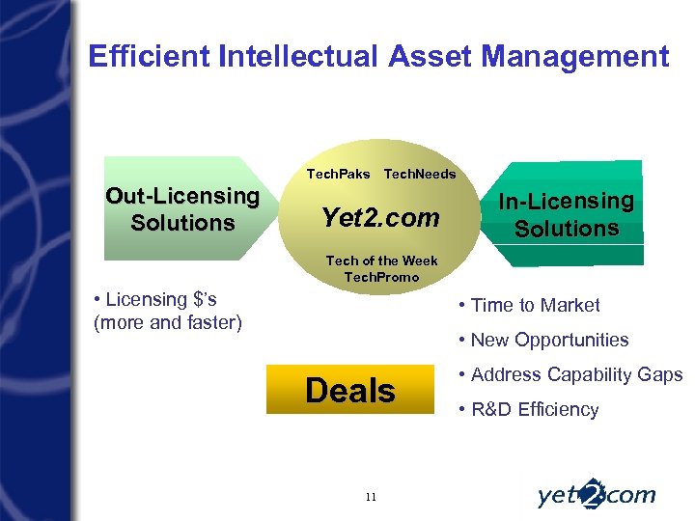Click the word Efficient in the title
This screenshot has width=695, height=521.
pyautogui.click(x=150, y=57)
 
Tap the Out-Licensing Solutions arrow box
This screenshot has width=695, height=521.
pyautogui.click(x=182, y=209)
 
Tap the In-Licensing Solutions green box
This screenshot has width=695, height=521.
pyautogui.click(x=566, y=215)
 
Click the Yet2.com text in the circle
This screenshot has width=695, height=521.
pyautogui.click(x=380, y=218)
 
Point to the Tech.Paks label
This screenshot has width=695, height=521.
pyautogui.click(x=338, y=175)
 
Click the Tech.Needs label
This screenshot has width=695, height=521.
pyautogui.click(x=420, y=175)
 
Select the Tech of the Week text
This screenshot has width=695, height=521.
pyautogui.click(x=381, y=260)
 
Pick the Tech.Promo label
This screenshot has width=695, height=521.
pyautogui.click(x=381, y=277)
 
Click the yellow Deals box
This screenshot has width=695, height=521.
pyautogui.click(x=349, y=391)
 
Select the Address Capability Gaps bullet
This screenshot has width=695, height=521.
pyautogui.click(x=571, y=374)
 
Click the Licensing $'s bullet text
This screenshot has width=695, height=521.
pyautogui.click(x=154, y=300)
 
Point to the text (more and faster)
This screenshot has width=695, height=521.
pyautogui.click(x=167, y=322)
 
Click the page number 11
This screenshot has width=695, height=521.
pyautogui.click(x=371, y=497)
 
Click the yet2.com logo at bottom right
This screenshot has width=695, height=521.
pyautogui.click(x=596, y=495)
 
